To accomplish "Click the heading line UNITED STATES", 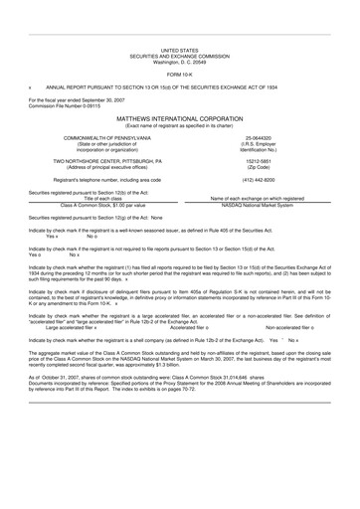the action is click(179, 48).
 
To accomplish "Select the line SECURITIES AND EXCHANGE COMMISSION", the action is click(179, 54).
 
